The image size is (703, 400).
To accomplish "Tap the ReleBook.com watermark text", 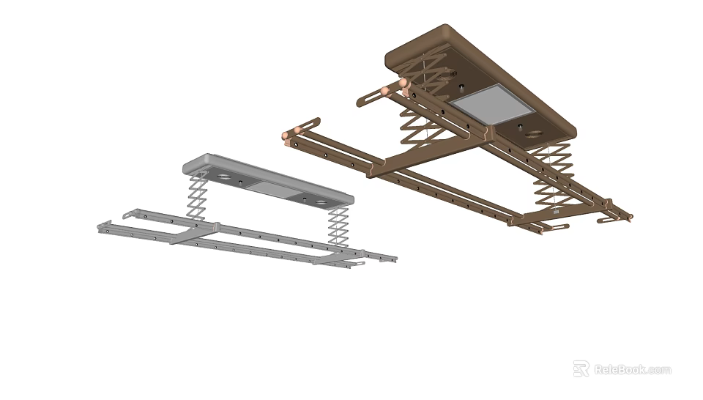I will click(x=632, y=369).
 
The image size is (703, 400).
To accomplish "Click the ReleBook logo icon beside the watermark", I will click(x=581, y=368).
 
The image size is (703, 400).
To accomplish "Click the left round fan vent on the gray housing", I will click(x=223, y=179).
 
